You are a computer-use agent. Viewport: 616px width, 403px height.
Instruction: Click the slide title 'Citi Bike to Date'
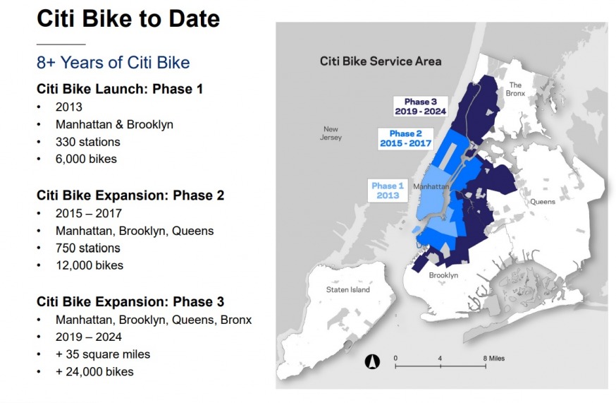click(x=128, y=19)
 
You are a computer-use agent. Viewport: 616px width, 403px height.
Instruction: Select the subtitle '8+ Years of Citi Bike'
click(x=113, y=63)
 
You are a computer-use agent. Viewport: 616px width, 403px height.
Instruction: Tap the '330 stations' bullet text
click(x=87, y=142)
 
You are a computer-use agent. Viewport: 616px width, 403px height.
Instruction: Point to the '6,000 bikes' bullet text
click(x=86, y=159)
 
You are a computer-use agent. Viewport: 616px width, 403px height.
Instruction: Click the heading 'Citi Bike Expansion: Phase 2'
click(x=130, y=196)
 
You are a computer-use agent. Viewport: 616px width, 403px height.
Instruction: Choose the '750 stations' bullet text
click(x=87, y=248)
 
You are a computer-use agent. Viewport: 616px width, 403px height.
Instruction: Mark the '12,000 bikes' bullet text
click(x=90, y=265)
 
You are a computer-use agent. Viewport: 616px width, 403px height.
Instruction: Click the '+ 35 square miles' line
click(x=102, y=354)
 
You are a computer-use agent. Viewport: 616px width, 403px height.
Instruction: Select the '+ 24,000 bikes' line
click(x=94, y=371)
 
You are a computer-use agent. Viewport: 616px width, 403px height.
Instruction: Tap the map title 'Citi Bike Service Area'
click(x=381, y=61)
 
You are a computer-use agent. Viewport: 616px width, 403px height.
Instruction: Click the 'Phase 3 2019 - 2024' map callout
click(x=420, y=107)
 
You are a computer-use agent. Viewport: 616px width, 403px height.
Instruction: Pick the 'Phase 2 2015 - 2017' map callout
click(x=405, y=138)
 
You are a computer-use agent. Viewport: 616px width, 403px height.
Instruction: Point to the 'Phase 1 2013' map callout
click(x=388, y=191)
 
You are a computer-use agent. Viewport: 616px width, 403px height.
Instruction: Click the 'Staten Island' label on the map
click(x=347, y=289)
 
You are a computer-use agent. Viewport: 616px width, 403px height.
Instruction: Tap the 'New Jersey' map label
click(x=331, y=133)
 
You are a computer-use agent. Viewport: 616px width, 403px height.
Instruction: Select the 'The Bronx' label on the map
click(x=515, y=89)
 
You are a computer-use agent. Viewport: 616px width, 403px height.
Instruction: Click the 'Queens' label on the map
click(x=543, y=202)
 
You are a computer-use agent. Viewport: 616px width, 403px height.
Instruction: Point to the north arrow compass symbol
click(x=372, y=361)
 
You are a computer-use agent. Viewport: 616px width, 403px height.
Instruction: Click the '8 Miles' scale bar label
click(x=494, y=358)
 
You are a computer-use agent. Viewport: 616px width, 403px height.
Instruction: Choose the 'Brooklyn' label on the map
click(x=443, y=275)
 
